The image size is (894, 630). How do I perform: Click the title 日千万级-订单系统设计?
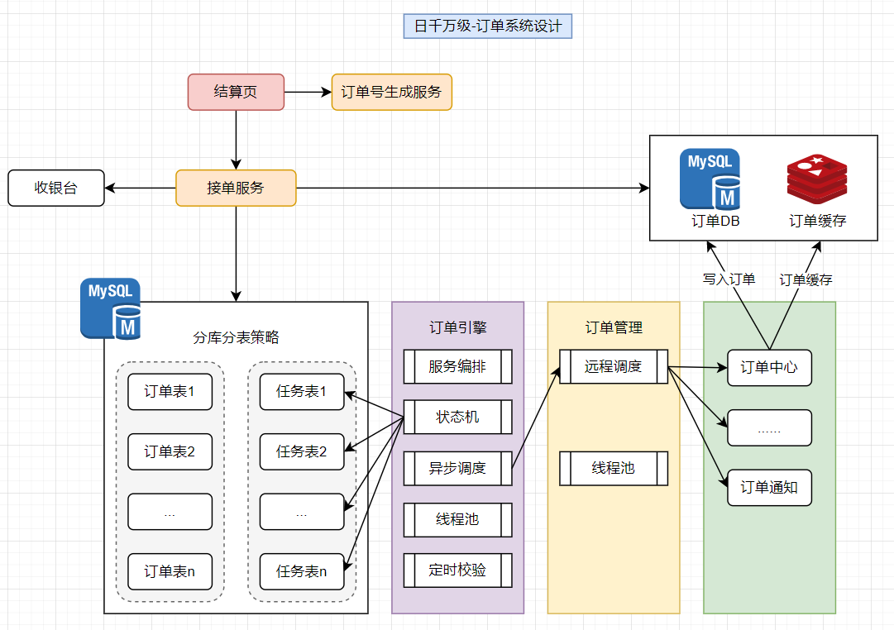coord(488,26)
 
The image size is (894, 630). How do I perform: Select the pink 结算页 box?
coord(236,92)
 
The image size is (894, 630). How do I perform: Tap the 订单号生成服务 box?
coord(392,92)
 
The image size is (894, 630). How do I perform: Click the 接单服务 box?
coord(236,188)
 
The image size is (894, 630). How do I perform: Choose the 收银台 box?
coord(56,188)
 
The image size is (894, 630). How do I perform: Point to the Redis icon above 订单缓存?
coord(817,179)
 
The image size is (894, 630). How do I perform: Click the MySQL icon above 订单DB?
coord(710,178)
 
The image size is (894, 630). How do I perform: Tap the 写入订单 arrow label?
coord(729,279)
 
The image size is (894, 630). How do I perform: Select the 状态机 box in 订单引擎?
coord(457,418)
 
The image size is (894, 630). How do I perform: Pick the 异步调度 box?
coord(457,469)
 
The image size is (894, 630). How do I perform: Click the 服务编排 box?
coord(457,366)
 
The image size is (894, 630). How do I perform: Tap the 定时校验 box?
coord(457,570)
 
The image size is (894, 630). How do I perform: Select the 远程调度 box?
coord(614,366)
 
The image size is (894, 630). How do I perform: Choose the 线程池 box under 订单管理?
coord(614,468)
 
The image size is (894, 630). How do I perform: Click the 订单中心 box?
coord(769,367)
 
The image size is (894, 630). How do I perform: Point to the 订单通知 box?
coord(769,488)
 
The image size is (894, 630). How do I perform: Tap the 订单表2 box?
coord(170,452)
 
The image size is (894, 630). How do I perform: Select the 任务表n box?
coord(302,571)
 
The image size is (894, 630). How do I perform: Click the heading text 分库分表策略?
coord(236,337)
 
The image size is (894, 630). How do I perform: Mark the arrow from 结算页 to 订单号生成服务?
coord(308,92)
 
